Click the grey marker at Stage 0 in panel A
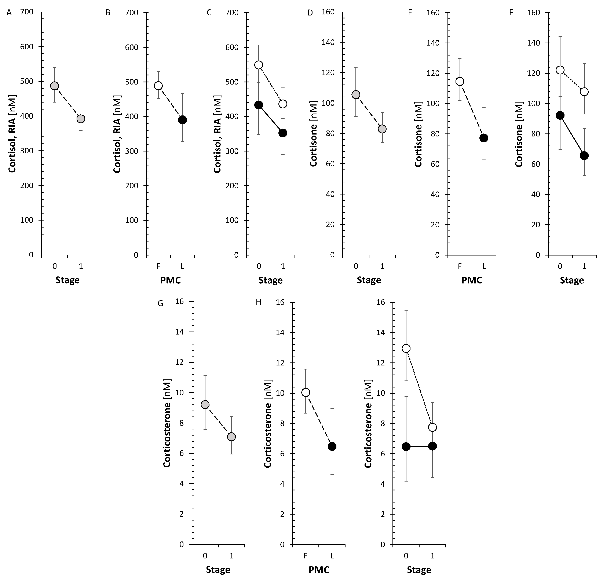(54, 86)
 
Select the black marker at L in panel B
(182, 120)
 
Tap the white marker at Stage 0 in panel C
(259, 65)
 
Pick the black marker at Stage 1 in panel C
(283, 133)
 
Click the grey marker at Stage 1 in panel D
(382, 129)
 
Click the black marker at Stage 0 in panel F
(560, 115)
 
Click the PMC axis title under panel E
(472, 280)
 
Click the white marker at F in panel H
(306, 392)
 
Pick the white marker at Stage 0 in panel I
(406, 348)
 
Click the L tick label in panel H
(332, 556)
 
